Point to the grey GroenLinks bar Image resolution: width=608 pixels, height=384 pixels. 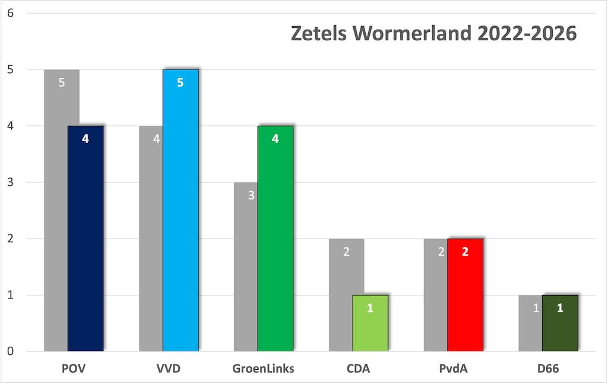(246, 267)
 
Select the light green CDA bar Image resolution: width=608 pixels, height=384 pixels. (370, 323)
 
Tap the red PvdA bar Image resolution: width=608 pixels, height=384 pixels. (465, 295)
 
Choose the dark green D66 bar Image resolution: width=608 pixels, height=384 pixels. (560, 323)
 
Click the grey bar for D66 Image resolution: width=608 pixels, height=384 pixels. (530, 323)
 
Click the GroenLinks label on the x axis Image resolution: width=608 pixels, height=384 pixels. (263, 369)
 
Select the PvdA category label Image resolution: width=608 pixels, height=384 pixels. (453, 369)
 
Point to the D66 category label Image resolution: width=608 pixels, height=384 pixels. (548, 369)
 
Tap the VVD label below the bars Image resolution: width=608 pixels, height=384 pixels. (169, 369)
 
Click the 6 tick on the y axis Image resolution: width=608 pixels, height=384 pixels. (9, 13)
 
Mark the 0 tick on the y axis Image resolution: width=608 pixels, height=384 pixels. (9, 351)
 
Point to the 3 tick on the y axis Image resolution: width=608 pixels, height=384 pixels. (9, 182)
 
